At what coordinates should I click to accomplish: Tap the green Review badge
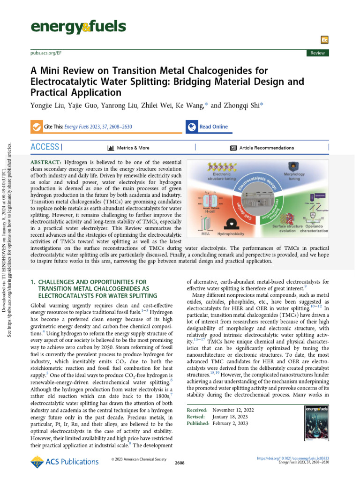click(317, 53)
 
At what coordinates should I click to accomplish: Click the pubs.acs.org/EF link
click(46, 53)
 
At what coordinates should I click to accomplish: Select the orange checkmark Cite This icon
click(35, 127)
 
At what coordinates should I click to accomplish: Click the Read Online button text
click(213, 127)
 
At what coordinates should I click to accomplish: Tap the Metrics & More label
click(133, 148)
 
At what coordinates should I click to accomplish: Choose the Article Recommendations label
click(266, 148)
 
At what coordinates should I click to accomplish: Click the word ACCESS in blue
click(45, 147)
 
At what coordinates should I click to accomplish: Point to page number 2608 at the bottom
click(179, 463)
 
